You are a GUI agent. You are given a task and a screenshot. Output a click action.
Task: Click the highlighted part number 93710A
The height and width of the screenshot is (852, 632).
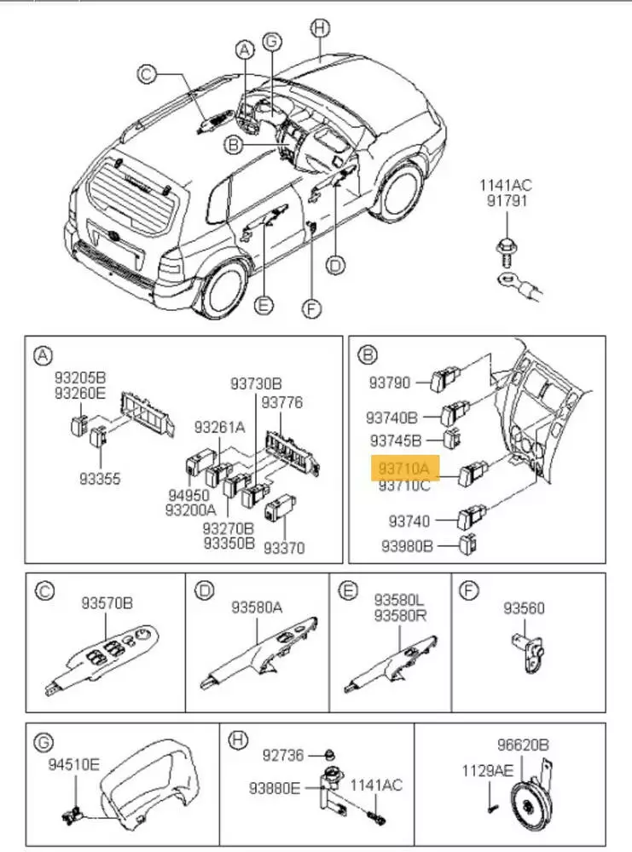tap(403, 469)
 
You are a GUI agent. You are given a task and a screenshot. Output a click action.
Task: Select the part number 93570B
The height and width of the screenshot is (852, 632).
tap(107, 603)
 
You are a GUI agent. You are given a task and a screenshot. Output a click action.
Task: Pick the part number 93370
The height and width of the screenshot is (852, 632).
tap(284, 548)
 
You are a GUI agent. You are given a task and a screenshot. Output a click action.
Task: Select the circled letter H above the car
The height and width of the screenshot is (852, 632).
tap(319, 29)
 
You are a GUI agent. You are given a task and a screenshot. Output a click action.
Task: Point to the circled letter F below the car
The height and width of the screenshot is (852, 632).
tap(313, 308)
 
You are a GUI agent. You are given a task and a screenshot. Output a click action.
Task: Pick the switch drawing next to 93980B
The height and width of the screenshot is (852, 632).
tap(468, 544)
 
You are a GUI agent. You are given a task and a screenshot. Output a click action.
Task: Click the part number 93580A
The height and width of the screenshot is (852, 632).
tap(257, 607)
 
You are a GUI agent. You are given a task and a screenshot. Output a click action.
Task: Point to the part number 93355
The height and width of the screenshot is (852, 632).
tap(100, 479)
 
